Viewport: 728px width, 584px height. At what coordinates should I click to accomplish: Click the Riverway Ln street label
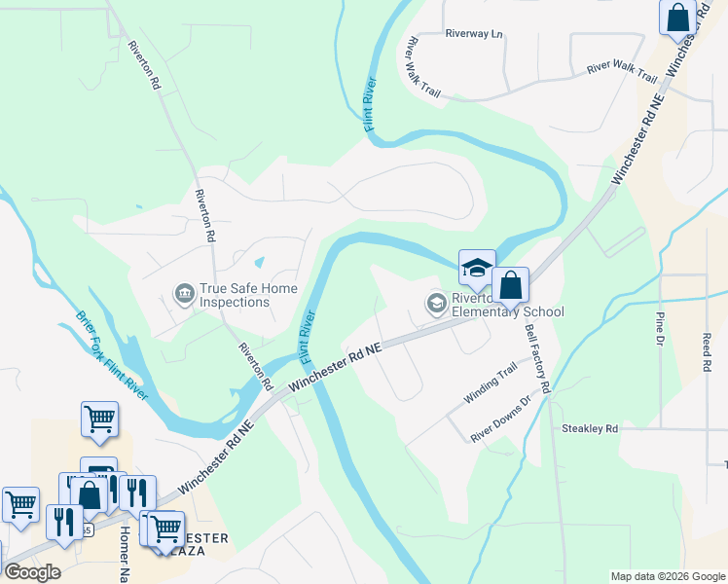[474, 34]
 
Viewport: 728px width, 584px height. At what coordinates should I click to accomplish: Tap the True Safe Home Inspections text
[235, 295]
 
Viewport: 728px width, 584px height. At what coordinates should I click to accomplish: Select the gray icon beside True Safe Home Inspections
[183, 293]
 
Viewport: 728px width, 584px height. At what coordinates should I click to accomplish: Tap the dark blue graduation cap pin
[477, 269]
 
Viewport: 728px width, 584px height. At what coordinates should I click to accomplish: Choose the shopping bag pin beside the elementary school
[510, 286]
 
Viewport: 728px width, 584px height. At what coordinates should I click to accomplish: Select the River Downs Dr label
[500, 420]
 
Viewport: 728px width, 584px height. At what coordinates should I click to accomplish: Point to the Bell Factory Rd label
[537, 357]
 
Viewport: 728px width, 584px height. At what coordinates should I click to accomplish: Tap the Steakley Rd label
[590, 428]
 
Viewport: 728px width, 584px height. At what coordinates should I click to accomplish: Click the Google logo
[32, 572]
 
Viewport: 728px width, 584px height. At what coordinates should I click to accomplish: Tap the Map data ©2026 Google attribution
[667, 576]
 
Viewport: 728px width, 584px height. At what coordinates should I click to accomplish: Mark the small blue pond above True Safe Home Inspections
[259, 263]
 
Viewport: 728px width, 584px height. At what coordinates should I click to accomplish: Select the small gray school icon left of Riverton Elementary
[436, 305]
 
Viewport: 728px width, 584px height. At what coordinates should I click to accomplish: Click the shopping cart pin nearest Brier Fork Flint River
[99, 420]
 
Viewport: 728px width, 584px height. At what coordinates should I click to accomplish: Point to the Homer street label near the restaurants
[125, 555]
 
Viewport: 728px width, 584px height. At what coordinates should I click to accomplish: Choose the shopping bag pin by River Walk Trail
[675, 18]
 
